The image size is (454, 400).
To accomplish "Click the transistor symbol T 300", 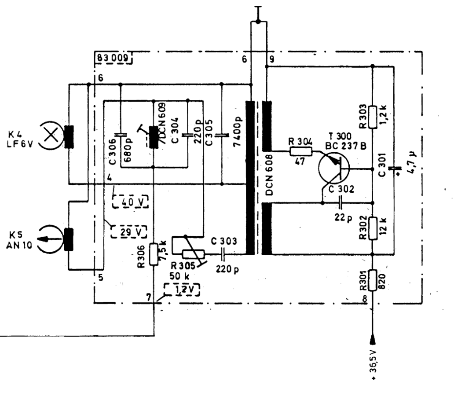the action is [x=334, y=168].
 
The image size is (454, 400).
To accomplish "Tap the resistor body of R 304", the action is [x=301, y=151].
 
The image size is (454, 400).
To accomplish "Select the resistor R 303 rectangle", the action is [x=373, y=117].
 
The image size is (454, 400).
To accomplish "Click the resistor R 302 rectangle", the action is [x=373, y=228].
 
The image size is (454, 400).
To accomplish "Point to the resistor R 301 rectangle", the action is [x=373, y=280].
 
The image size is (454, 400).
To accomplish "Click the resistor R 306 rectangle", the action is [x=154, y=254].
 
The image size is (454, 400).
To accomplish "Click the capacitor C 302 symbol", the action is [x=340, y=203].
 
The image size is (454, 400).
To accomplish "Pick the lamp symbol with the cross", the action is [x=51, y=135].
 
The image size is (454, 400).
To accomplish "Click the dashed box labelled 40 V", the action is [x=130, y=202].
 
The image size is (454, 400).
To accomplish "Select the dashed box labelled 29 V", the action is [x=128, y=231].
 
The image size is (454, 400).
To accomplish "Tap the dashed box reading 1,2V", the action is [x=182, y=290].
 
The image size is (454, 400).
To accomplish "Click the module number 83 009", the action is [x=113, y=58].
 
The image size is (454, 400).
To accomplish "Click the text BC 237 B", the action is [x=346, y=146].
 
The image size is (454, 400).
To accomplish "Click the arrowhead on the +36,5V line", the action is [x=373, y=339].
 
